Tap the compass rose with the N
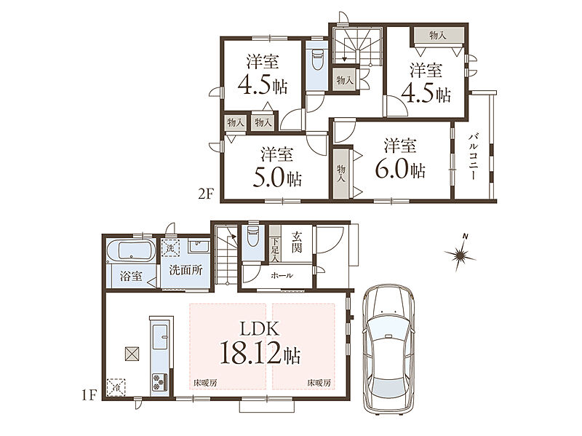click(461, 253)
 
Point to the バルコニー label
click(472, 156)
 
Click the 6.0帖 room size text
click(400, 169)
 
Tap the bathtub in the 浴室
click(131, 250)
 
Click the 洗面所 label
click(186, 270)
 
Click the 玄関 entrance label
click(296, 242)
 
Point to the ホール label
click(282, 275)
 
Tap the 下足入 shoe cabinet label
click(275, 250)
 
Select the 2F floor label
click(206, 194)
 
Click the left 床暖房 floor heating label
click(205, 383)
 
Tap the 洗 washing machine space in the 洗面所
click(170, 247)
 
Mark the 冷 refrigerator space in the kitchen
click(116, 387)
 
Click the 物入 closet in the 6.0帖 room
click(340, 174)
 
